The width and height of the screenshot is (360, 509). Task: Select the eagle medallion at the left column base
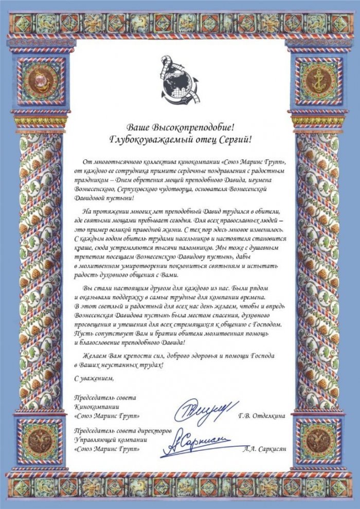(43, 441)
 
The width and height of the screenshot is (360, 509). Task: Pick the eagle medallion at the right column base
(317, 441)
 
